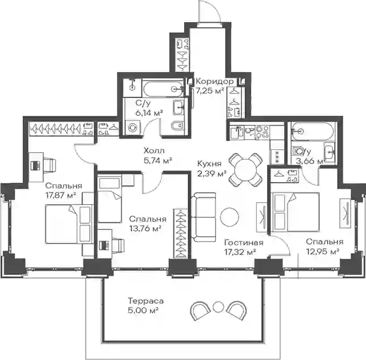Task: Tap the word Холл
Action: pos(154,150)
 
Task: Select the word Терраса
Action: pos(145,301)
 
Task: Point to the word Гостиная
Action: pos(244,242)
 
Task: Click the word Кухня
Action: pos(209,164)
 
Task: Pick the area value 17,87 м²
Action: pos(61,195)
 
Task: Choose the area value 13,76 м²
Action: pos(145,229)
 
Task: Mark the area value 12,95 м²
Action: pos(323,252)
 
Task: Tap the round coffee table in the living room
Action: pos(230,216)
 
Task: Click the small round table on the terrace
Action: pos(218,307)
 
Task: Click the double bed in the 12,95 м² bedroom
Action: pos(295,212)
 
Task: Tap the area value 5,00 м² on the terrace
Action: pos(143,311)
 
